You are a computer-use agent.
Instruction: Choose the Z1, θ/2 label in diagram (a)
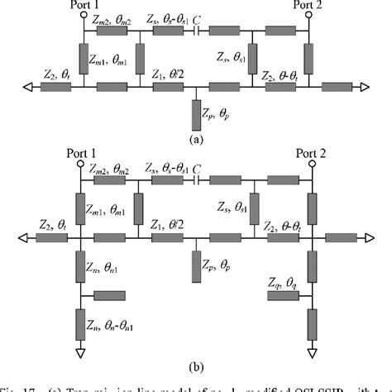click(x=171, y=75)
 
